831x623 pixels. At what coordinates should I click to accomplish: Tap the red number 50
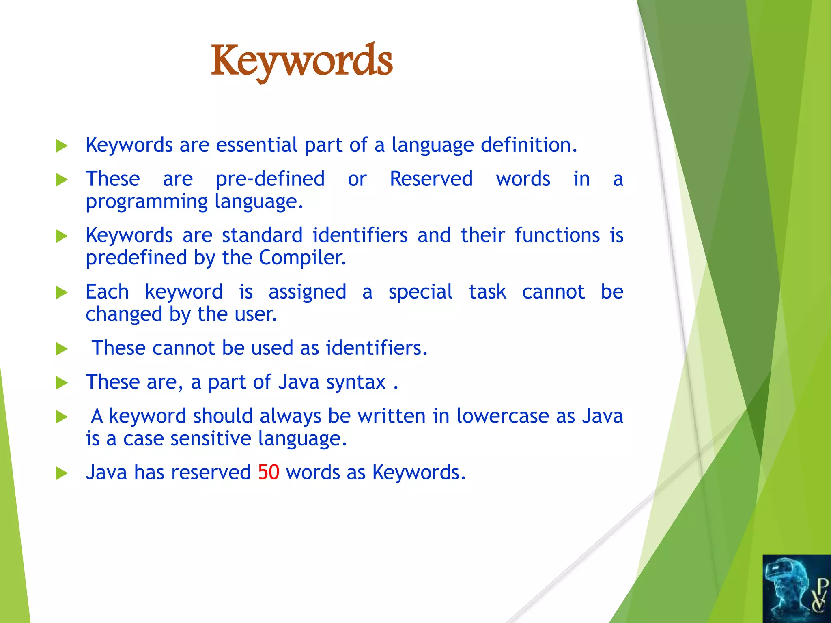269,473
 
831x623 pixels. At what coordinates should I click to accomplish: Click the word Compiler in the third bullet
302,258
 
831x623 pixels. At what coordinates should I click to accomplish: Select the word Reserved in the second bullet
431,179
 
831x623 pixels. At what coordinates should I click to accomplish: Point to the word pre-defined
270,179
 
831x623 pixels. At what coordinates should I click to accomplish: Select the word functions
557,235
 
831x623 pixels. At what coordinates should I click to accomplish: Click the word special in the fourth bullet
420,292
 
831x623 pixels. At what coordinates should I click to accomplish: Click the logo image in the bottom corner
797,589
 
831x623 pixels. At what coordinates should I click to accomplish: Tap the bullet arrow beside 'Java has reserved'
62,473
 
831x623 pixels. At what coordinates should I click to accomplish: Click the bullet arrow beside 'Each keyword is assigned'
62,292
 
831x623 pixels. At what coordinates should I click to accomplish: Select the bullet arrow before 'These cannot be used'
62,348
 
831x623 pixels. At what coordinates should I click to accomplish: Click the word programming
147,202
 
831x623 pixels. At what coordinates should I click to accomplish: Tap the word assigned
307,292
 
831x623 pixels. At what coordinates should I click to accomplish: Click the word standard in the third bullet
262,235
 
